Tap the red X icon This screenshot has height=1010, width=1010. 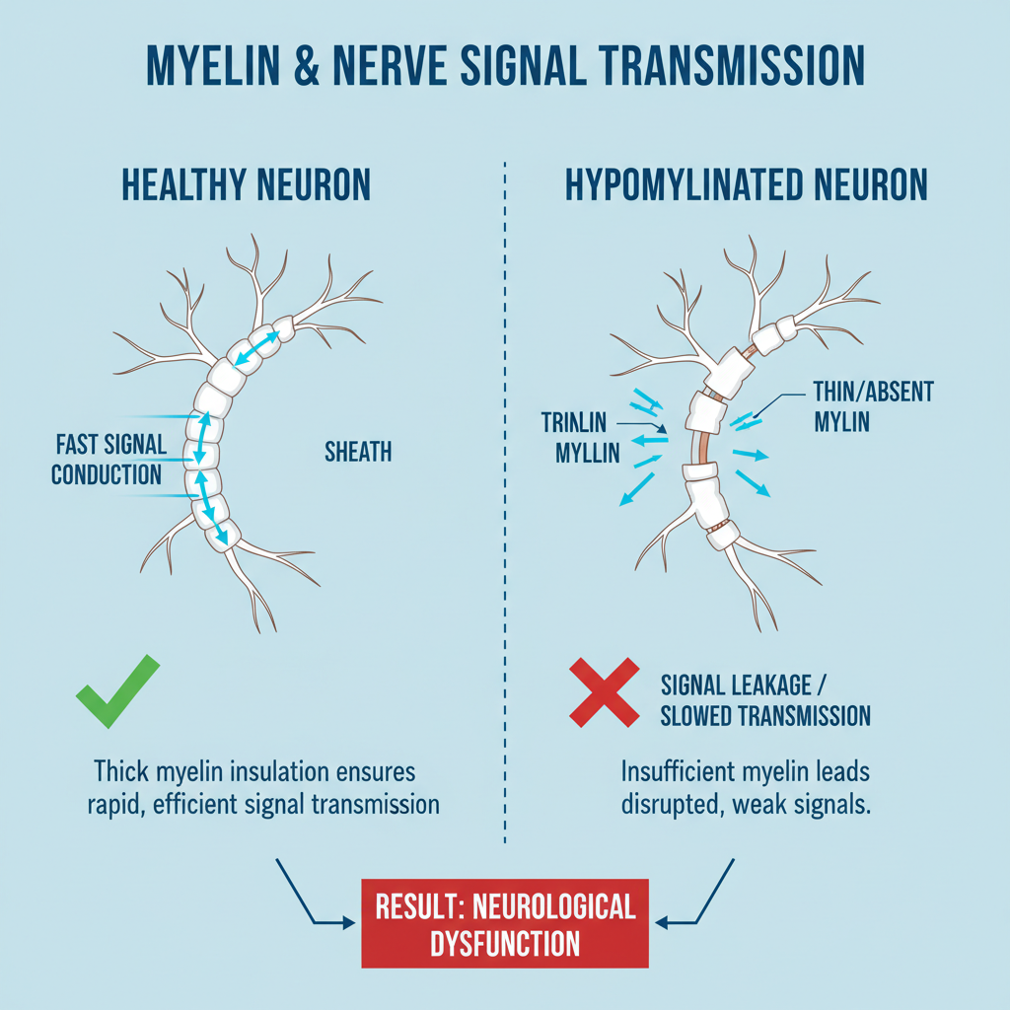pyautogui.click(x=605, y=694)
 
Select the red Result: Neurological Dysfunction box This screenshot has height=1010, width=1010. pyautogui.click(x=504, y=922)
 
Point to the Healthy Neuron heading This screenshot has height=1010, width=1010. pyautogui.click(x=247, y=185)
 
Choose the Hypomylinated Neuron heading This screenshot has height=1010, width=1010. pyautogui.click(x=747, y=185)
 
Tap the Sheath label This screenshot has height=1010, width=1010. pyautogui.click(x=358, y=452)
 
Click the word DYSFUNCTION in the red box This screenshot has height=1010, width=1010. pyautogui.click(x=504, y=943)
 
